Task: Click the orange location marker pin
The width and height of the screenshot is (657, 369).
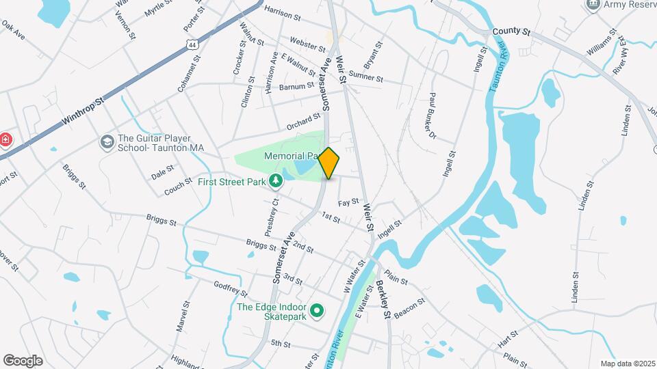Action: pyautogui.click(x=329, y=163)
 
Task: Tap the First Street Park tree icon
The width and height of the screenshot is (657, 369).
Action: pyautogui.click(x=276, y=181)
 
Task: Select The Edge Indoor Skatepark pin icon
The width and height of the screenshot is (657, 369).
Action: pyautogui.click(x=316, y=312)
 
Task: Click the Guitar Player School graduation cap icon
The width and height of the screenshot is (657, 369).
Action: pyautogui.click(x=107, y=141)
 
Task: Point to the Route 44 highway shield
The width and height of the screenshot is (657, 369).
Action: pyautogui.click(x=191, y=44)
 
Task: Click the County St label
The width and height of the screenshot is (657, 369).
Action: pyautogui.click(x=511, y=31)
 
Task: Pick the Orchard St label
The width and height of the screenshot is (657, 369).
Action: pyautogui.click(x=304, y=122)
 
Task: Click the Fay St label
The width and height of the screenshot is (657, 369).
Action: pyautogui.click(x=349, y=202)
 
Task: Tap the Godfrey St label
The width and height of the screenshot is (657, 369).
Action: pyautogui.click(x=230, y=290)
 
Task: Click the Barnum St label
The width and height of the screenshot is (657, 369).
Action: pyautogui.click(x=297, y=86)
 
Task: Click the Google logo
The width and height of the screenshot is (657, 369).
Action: pyautogui.click(x=23, y=360)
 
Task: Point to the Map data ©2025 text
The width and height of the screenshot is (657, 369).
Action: pyautogui.click(x=627, y=364)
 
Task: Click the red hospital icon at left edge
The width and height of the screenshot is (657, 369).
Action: pyautogui.click(x=5, y=140)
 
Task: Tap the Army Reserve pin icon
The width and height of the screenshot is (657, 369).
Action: pyautogui.click(x=593, y=5)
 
